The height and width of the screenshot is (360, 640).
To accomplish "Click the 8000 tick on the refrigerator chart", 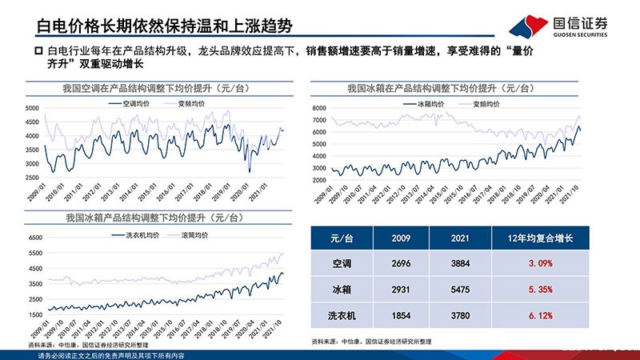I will [x=318, y=107].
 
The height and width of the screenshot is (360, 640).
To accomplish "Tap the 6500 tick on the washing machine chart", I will [x=33, y=238].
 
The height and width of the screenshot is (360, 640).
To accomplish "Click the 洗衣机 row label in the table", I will [x=346, y=315].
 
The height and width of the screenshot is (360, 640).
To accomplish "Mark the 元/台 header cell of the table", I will [x=346, y=238].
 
